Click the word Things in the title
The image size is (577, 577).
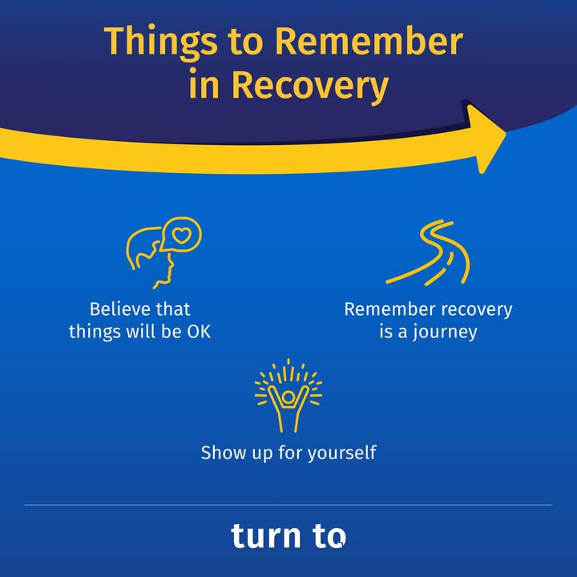160,42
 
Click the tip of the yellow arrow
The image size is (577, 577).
506,134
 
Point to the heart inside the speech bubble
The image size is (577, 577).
182,235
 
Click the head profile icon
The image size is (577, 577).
163,252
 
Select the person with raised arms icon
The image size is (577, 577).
288,396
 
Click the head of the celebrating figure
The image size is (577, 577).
288,397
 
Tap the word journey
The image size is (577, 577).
445,333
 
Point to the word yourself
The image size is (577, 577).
342,454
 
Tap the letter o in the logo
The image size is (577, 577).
337,538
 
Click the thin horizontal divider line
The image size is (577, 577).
288,505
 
